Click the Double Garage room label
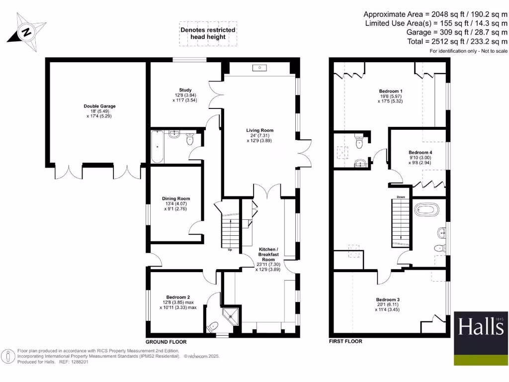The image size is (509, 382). (x=99, y=106)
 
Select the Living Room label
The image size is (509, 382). (x=259, y=130)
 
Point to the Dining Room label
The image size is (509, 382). (x=176, y=198)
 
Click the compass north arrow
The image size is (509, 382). (x=26, y=32)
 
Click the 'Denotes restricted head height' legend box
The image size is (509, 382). (x=208, y=34)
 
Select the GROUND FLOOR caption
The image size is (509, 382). (x=166, y=342)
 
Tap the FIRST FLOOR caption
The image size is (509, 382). (x=345, y=342)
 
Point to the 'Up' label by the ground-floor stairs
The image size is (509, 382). (x=230, y=250)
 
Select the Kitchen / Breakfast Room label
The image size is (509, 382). (x=268, y=254)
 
